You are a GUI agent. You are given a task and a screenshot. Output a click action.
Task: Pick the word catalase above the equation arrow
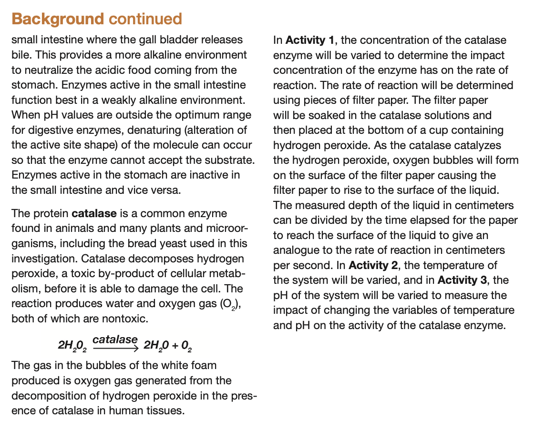(x=115, y=340)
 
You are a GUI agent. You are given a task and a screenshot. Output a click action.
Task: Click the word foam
(x=203, y=366)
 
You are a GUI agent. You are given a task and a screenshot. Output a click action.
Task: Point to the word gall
(x=149, y=40)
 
